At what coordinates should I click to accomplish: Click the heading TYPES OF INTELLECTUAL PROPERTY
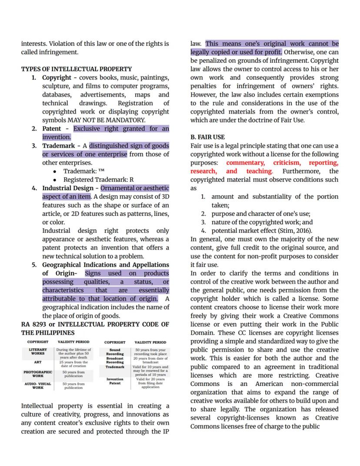tap(76, 69)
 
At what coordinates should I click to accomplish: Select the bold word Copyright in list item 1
tap(57, 77)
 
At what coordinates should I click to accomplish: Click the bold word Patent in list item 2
tap(52, 129)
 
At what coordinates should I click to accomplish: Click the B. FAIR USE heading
tap(207, 137)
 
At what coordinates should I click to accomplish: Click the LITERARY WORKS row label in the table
tap(37, 352)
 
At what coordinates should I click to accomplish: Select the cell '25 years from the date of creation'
tap(73, 364)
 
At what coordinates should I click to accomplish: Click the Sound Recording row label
tap(115, 352)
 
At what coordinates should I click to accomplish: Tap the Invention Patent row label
tap(115, 381)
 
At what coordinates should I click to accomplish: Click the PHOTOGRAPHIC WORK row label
tap(37, 374)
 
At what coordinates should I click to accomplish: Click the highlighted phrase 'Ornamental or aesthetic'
tap(134, 188)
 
